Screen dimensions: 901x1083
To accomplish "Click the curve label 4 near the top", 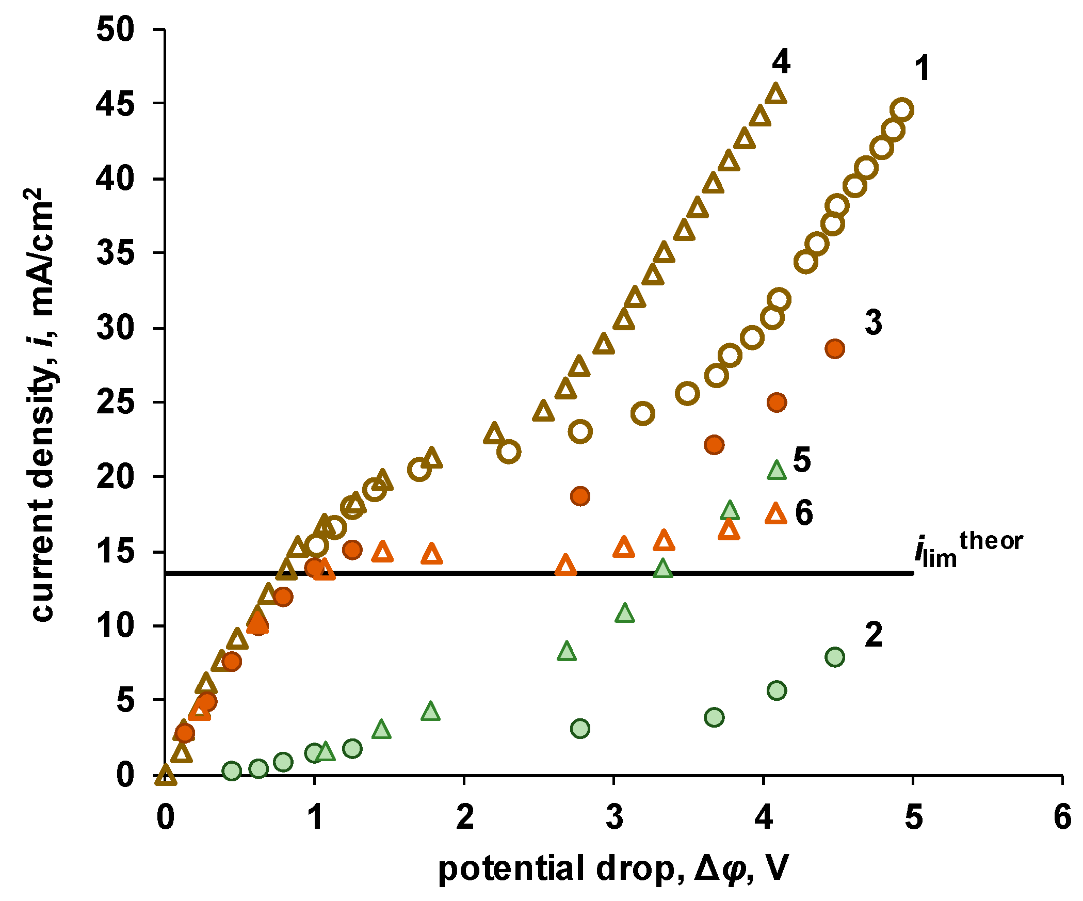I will tap(781, 62).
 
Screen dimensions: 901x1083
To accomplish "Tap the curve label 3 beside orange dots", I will tap(873, 323).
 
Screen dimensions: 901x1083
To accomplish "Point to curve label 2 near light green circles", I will tap(874, 635).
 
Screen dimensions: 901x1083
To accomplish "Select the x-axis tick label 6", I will tap(1062, 817).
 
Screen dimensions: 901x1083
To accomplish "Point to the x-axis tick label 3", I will tap(614, 817).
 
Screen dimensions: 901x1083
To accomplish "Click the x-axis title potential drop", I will tap(613, 868).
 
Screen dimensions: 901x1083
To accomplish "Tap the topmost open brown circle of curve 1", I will tap(902, 110).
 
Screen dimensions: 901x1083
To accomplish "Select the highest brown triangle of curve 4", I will tap(776, 94).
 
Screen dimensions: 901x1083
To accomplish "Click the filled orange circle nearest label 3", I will tap(834, 349).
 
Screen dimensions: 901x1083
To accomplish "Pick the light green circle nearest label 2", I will tap(834, 657).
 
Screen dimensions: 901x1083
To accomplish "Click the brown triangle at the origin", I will tap(166, 774).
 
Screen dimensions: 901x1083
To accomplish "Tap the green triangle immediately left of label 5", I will tap(777, 470).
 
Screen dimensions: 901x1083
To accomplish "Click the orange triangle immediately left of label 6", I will tap(776, 513).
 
